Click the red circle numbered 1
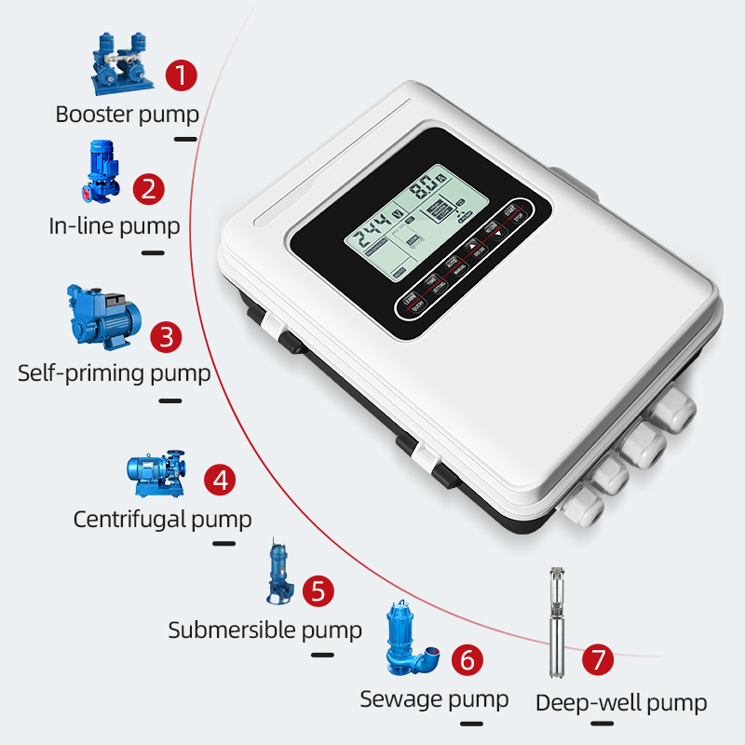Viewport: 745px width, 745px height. point(182,75)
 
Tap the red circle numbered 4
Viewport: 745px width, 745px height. point(221,481)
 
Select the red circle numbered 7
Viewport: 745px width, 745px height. point(599,660)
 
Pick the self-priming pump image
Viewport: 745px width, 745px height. point(101,318)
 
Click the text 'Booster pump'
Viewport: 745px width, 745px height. point(127,115)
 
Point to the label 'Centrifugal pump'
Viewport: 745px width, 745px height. point(162,519)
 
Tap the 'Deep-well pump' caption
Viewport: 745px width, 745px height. point(621,703)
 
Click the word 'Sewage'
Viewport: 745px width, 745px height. point(401,698)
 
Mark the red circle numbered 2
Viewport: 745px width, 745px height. point(148,189)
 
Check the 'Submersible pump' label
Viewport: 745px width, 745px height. point(264,630)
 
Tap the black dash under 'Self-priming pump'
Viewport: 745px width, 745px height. point(170,401)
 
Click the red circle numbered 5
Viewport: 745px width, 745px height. point(318,590)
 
